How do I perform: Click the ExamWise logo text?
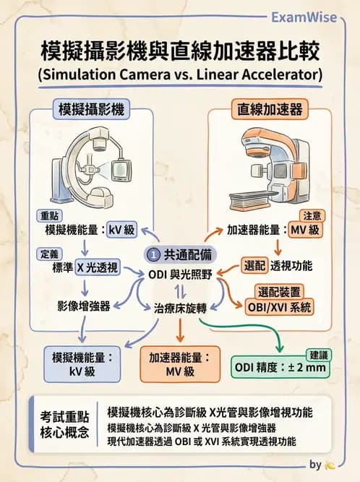[x=313, y=17]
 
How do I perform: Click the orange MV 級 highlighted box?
[x=305, y=231]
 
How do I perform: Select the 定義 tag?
[x=50, y=253]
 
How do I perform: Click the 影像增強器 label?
[x=83, y=306]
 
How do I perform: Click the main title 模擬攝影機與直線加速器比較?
[x=180, y=52]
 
